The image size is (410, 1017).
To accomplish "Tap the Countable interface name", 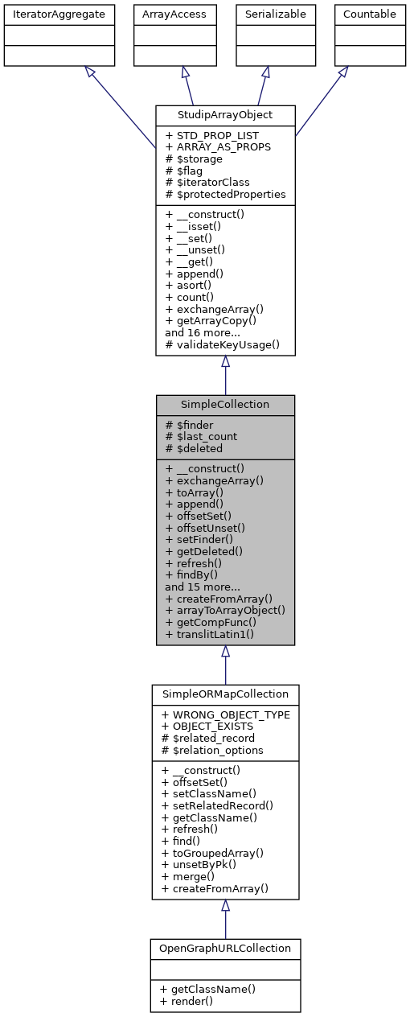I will coord(369,14).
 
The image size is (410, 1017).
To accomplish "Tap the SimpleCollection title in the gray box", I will coord(225,403).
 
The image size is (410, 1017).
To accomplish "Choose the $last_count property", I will coord(201,436).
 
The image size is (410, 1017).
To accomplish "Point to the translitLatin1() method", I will coord(209,635).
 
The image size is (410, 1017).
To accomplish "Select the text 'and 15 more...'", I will coord(202,587).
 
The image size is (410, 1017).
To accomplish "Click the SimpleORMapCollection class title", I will coord(225,693).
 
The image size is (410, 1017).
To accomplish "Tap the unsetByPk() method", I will coord(203,864).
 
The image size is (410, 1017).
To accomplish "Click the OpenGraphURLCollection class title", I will coord(225,948).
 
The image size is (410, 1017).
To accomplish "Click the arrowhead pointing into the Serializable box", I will coord(265,72).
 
